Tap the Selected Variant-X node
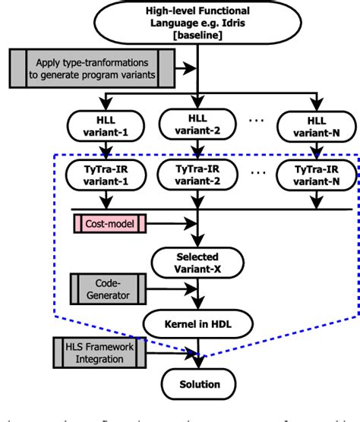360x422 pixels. [x=198, y=262]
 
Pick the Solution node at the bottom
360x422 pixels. [x=198, y=383]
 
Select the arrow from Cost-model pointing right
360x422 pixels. [x=169, y=222]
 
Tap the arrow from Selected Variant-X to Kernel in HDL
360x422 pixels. [x=198, y=294]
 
